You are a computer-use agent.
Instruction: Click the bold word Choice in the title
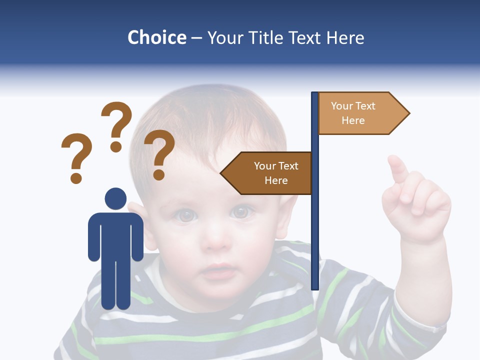click(156, 37)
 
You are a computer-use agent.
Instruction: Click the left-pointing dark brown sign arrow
click(267, 173)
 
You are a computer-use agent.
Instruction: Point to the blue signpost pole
click(315, 225)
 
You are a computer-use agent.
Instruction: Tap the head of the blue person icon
click(115, 198)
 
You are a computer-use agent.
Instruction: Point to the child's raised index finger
click(398, 169)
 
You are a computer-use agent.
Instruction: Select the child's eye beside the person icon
click(186, 215)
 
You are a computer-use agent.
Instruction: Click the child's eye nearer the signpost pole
click(241, 212)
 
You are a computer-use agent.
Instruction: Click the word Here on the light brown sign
click(353, 120)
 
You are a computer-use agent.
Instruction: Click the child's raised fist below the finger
click(417, 210)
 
